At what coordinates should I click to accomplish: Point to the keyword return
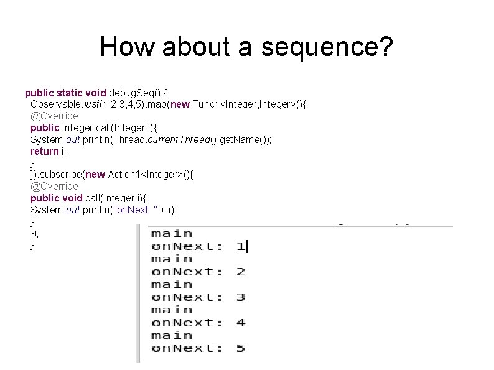(44, 151)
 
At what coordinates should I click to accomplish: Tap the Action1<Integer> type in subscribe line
(144, 175)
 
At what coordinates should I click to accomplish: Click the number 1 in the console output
(241, 246)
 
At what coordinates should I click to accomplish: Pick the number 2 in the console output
(241, 272)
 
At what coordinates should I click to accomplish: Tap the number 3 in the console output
(241, 297)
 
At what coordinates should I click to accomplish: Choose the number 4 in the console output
(241, 323)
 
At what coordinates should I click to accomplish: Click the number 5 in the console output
(241, 348)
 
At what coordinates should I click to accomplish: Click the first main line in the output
(172, 233)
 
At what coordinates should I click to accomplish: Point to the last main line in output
(172, 335)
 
